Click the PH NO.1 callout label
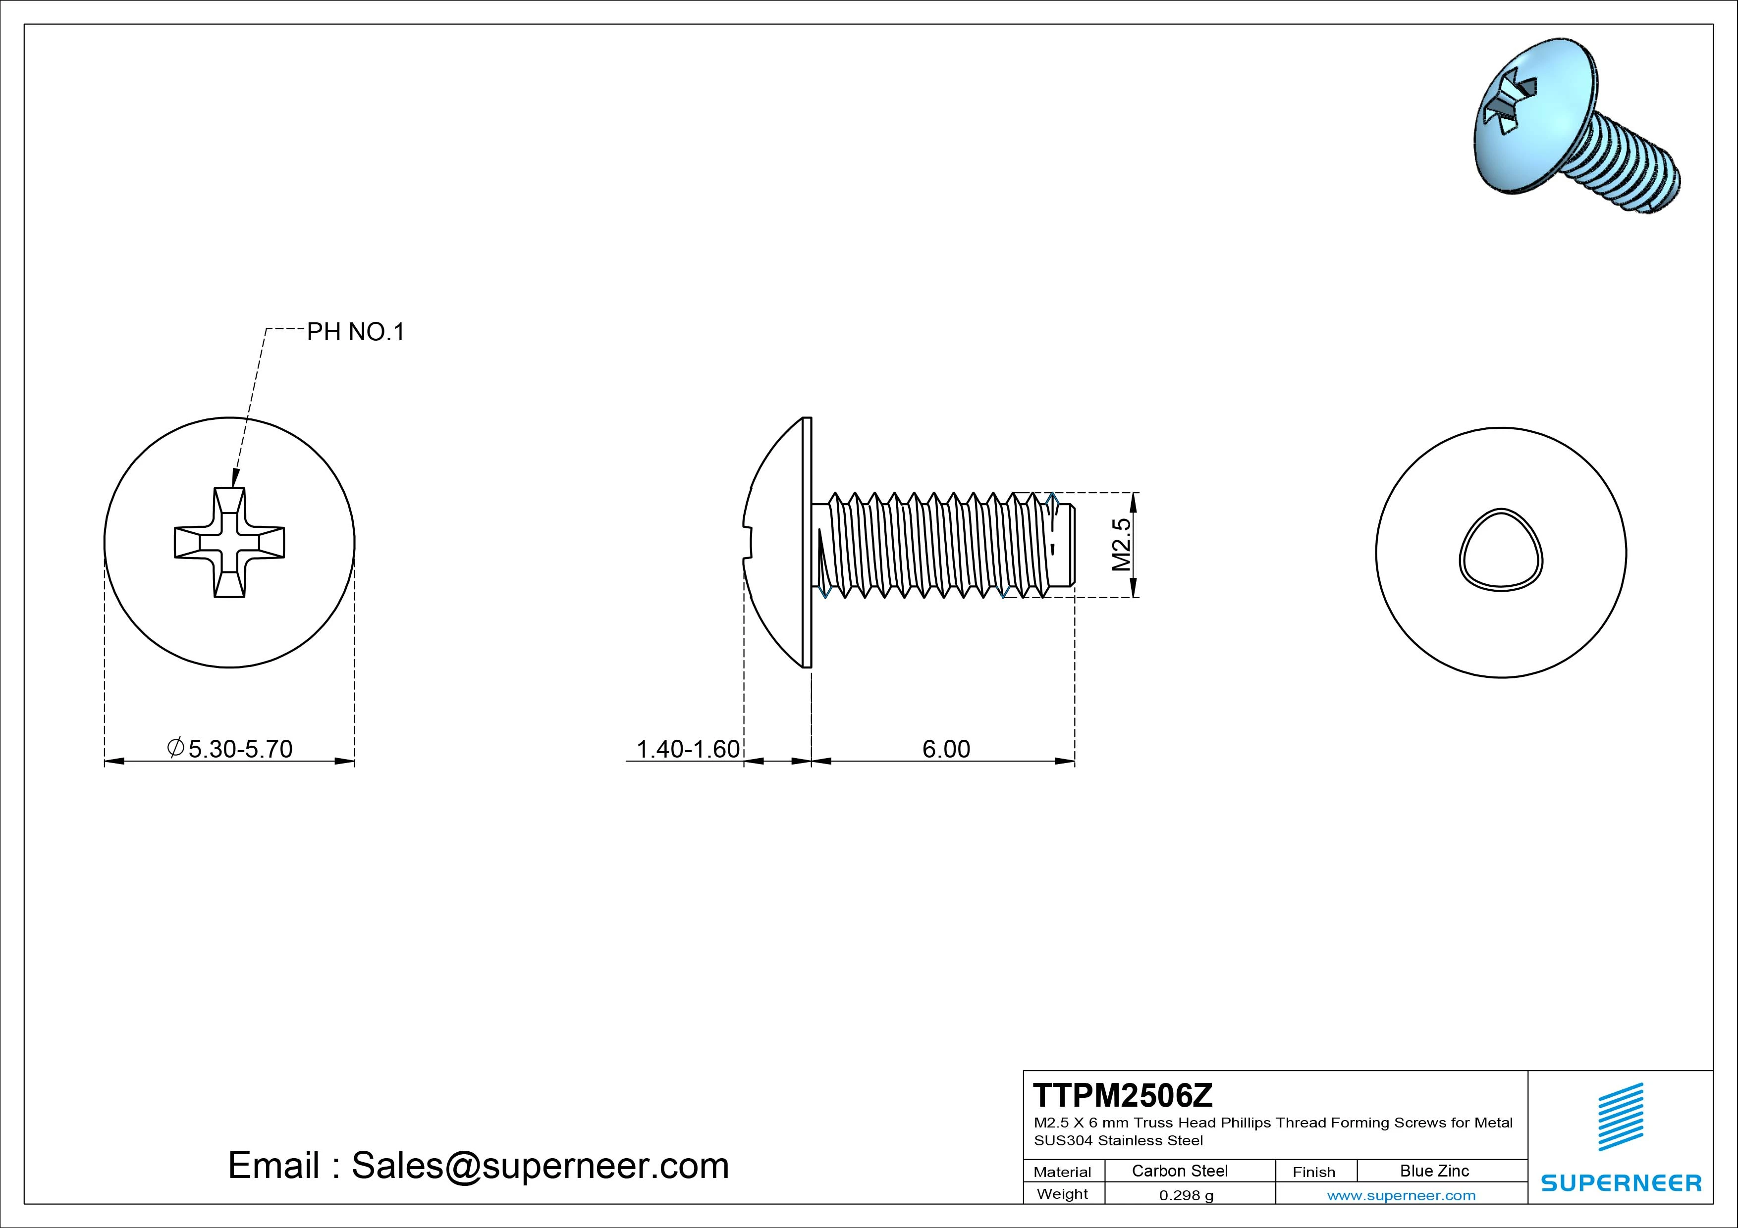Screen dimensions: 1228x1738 (x=355, y=332)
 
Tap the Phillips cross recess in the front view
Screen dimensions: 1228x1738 (x=229, y=543)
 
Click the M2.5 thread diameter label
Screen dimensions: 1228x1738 (x=1121, y=545)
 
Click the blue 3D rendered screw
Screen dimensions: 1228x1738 (x=1575, y=129)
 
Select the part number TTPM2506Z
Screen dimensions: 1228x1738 (x=1123, y=1095)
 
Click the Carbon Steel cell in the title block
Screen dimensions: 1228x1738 (x=1179, y=1171)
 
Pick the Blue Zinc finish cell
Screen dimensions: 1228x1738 (x=1434, y=1171)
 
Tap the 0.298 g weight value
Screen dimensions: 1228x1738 (x=1186, y=1195)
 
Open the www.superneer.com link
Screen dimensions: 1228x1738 (x=1401, y=1195)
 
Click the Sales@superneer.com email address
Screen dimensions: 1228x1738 (x=539, y=1165)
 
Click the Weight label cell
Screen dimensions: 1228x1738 (x=1062, y=1194)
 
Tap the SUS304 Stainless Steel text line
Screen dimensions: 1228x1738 (x=1118, y=1140)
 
